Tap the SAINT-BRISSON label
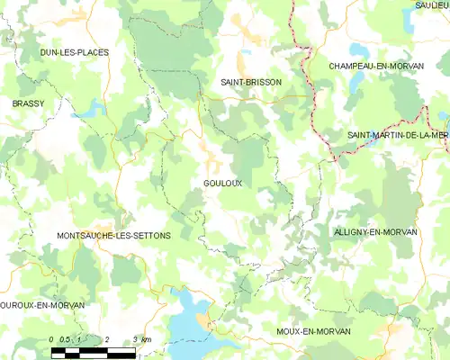pyautogui.click(x=251, y=82)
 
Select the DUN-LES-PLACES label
pyautogui.click(x=75, y=53)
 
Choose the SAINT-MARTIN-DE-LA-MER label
pyautogui.click(x=398, y=135)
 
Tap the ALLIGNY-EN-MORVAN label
pyautogui.click(x=375, y=232)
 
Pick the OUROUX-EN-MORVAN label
pyautogui.click(x=42, y=306)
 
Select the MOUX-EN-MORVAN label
pyautogui.click(x=312, y=332)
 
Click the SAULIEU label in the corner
pyautogui.click(x=432, y=5)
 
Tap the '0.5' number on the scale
pyautogui.click(x=65, y=339)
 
